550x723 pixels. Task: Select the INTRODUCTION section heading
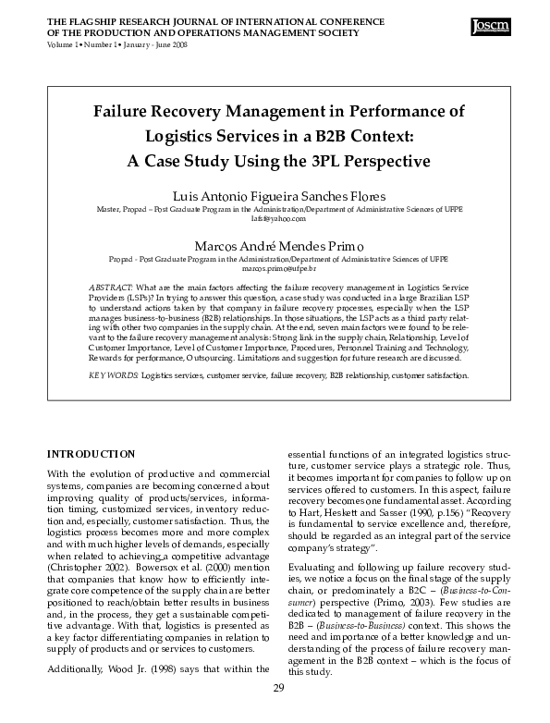pos(91,454)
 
